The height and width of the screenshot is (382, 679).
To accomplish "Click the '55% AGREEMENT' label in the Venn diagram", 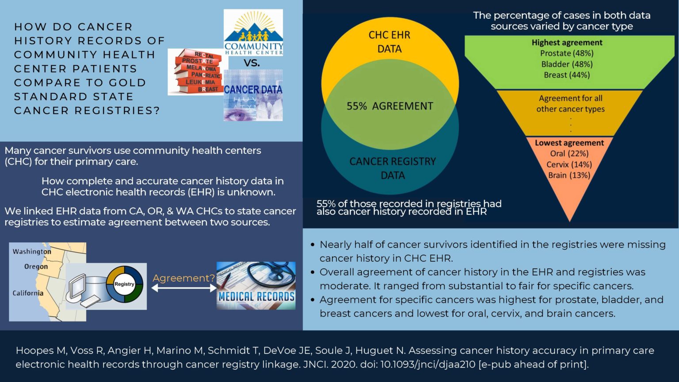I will tap(389, 106).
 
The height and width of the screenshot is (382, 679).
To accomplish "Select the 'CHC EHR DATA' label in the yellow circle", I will tap(389, 42).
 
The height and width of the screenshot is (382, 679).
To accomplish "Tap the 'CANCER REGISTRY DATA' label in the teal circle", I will tap(393, 168).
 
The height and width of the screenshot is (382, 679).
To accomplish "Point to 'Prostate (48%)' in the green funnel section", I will tap(567, 53).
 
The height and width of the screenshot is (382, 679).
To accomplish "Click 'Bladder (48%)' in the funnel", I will tap(567, 64).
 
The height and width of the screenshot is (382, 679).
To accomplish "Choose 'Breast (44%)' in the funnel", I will tap(567, 75).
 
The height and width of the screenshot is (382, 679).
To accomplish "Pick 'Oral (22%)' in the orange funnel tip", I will tap(569, 154).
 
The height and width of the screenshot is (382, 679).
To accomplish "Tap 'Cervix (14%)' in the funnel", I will tap(569, 164).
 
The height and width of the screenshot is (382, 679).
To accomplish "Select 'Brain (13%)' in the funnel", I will tap(569, 176).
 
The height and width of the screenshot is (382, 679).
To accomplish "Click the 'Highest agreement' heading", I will tap(567, 42).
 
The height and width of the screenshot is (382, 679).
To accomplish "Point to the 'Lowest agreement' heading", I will tap(569, 143).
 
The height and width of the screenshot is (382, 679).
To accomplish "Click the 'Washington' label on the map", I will tap(32, 252).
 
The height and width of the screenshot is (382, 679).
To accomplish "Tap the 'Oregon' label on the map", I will tap(36, 267).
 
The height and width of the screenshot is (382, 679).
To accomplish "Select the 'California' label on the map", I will tap(28, 293).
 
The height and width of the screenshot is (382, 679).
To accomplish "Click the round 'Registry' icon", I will tap(124, 284).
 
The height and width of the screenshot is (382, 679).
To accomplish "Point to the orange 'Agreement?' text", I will tap(183, 278).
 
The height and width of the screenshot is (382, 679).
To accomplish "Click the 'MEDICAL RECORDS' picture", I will tap(256, 286).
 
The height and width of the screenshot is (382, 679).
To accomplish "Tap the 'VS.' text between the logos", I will tap(252, 63).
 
